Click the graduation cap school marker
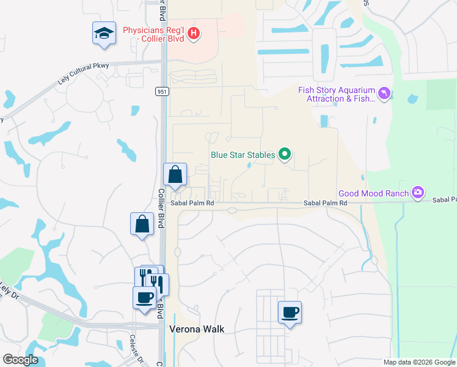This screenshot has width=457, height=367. [x=104, y=33]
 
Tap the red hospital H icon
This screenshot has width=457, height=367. [x=194, y=33]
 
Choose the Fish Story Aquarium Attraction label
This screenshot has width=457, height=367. [x=336, y=94]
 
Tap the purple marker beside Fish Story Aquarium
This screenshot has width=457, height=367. [x=384, y=93]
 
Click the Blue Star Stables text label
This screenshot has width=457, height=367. [x=243, y=155]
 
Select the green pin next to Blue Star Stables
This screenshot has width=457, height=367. [x=284, y=155]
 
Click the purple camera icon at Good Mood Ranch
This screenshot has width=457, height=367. [x=418, y=193]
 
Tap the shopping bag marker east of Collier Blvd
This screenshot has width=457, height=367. [x=175, y=174]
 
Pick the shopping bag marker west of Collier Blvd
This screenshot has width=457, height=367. [x=142, y=224]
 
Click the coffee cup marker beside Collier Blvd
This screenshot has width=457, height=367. [x=144, y=298]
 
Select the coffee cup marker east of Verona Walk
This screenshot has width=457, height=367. [x=290, y=313]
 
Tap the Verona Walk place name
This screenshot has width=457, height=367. [x=196, y=329]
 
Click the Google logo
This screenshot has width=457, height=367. [x=20, y=360]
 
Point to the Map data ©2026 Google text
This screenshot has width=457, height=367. [x=419, y=362]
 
